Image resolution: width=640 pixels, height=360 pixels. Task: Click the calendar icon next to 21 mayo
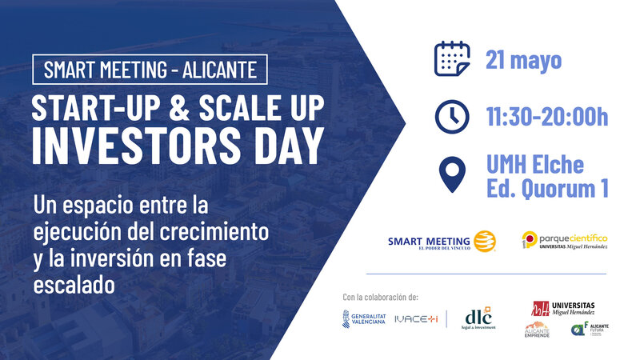(452, 59)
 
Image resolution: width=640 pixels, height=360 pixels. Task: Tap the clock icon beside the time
(452, 116)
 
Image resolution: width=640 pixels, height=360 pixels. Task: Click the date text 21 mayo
(524, 60)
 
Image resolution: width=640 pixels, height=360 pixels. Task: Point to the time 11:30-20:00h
(547, 117)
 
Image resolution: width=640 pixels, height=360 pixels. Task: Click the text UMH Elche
(535, 165)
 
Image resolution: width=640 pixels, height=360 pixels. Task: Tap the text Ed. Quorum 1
(547, 189)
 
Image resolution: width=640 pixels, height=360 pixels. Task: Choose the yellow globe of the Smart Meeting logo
(486, 241)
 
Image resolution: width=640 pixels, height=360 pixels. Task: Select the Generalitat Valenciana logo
(364, 318)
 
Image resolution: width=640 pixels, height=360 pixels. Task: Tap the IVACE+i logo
(415, 318)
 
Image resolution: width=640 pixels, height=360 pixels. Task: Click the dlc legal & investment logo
(478, 317)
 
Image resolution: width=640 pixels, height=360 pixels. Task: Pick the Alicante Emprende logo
(538, 330)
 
